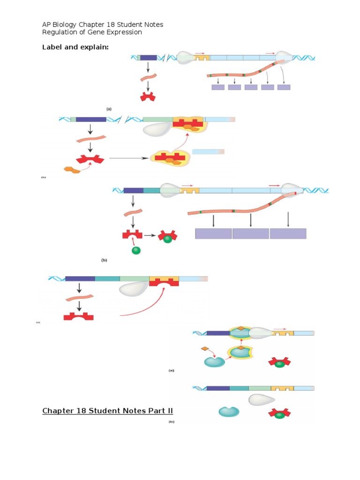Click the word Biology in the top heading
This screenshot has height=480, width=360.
pyautogui.click(x=68, y=24)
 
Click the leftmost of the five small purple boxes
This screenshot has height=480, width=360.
pyautogui.click(x=218, y=87)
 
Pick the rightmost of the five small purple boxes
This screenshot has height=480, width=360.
pyautogui.click(x=284, y=87)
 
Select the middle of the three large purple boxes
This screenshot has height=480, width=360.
pyautogui.click(x=251, y=233)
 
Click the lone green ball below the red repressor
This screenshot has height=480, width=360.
pyautogui.click(x=136, y=250)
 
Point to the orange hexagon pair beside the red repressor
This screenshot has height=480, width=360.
pyautogui.click(x=72, y=169)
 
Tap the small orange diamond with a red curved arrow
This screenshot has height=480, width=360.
pyautogui.click(x=204, y=349)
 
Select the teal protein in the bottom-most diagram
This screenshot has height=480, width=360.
pyautogui.click(x=229, y=412)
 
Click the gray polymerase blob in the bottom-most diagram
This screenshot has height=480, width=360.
pyautogui.click(x=261, y=399)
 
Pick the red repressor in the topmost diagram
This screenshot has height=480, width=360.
pyautogui.click(x=148, y=97)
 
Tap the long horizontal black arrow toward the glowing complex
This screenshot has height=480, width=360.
pyautogui.click(x=128, y=158)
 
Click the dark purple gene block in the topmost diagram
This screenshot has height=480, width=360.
pyautogui.click(x=148, y=58)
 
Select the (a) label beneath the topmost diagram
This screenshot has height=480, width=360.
pyautogui.click(x=109, y=109)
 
